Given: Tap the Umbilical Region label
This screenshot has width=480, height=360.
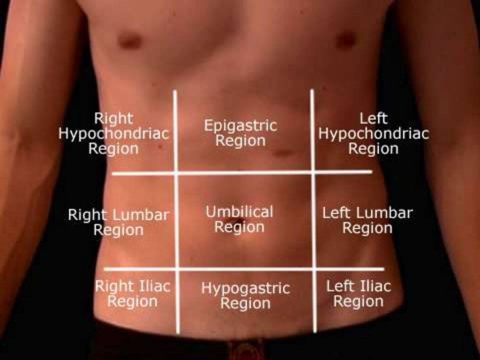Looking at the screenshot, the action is coord(239,219).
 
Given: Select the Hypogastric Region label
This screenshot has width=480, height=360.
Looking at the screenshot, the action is coord(246,295).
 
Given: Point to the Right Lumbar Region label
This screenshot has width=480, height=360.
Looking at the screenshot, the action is coord(119,222).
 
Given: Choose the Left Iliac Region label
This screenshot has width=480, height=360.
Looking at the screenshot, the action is coord(359,293).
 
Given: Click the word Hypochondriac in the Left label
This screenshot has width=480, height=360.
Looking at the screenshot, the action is coord(374,134).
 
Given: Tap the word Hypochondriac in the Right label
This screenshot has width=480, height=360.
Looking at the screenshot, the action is coord(113,134).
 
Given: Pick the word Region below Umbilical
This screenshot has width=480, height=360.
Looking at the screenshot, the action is coord(240,227).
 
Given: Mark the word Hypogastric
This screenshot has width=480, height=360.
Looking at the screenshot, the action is coord(246,288).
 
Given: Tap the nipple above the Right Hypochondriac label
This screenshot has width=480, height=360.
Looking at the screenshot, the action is coord(130,41).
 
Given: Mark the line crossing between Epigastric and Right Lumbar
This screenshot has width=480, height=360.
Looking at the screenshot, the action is coord(176,173).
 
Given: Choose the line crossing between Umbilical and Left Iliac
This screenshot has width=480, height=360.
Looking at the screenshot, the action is coord(313,269).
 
